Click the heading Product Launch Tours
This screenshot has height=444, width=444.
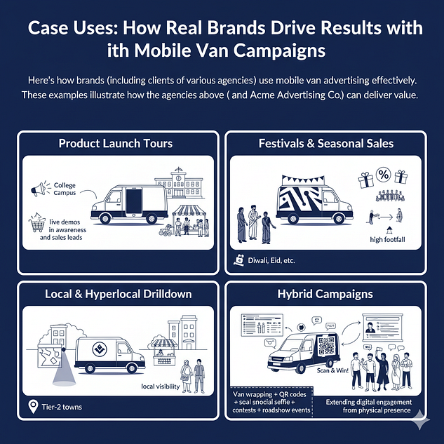pos(116,144)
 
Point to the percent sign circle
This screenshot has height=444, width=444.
pos(383,173)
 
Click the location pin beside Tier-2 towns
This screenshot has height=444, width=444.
pos(32,406)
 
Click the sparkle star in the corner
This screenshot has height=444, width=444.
pos(422,422)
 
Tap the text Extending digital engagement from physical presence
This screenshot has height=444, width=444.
pos(370,407)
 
